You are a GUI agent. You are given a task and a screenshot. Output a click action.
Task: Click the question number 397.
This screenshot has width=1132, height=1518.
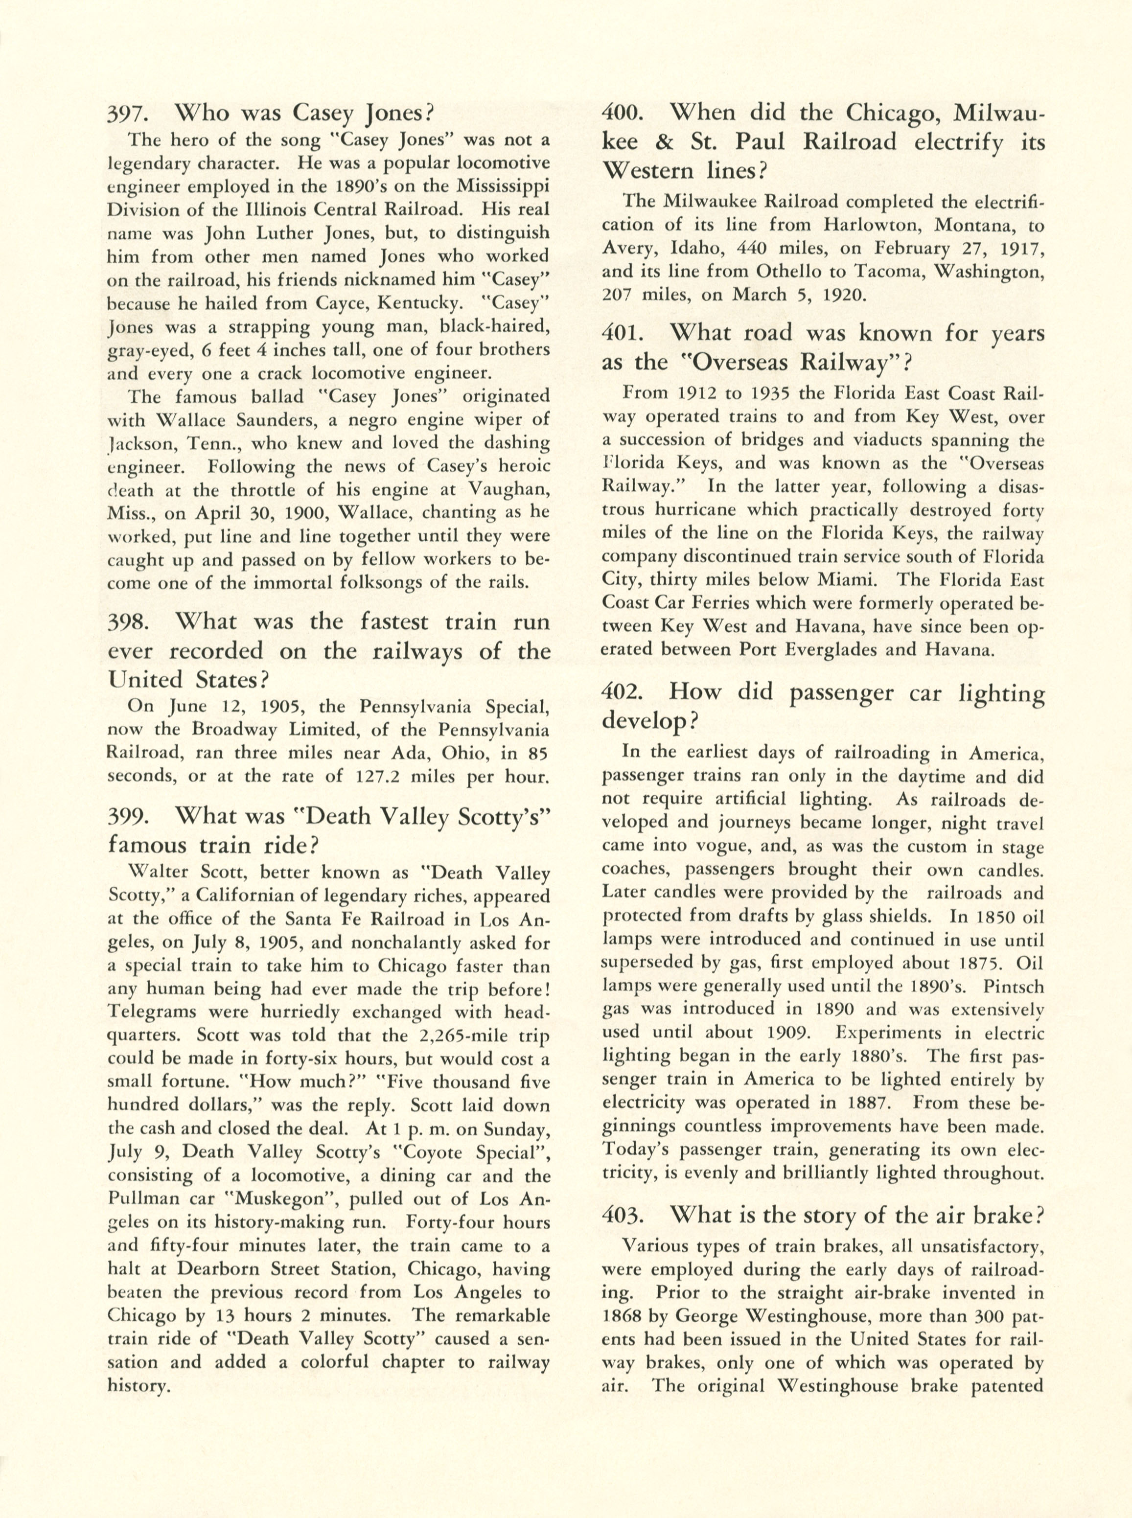pyautogui.click(x=124, y=113)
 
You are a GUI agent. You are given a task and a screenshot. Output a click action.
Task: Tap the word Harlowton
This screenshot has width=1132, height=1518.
pyautogui.click(x=872, y=225)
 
